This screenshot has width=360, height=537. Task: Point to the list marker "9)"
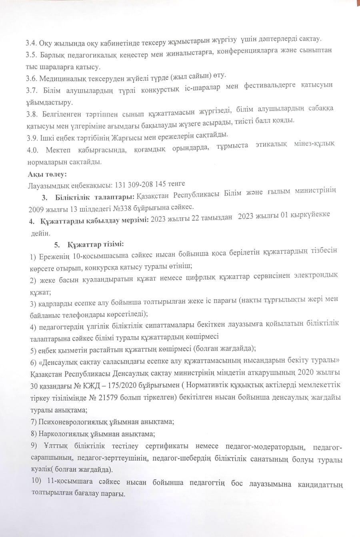[33, 447]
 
